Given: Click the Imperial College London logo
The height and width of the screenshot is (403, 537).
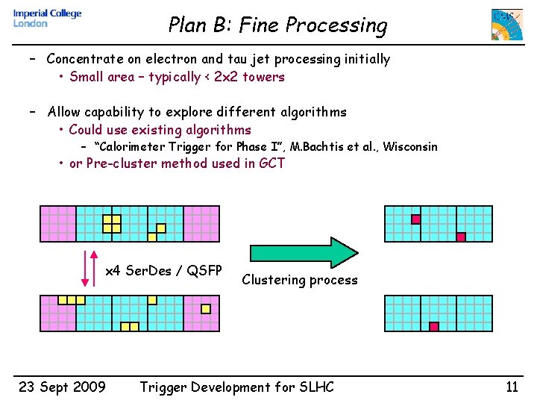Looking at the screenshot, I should (x=46, y=18).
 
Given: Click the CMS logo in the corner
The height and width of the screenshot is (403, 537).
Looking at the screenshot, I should (x=506, y=25).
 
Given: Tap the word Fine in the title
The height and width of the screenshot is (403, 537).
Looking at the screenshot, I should (x=258, y=25).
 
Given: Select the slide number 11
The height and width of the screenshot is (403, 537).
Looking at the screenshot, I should (x=511, y=387).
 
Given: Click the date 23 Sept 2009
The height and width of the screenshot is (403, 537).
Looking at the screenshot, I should (x=62, y=387).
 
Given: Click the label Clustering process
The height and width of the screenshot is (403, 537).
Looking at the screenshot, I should (x=300, y=281).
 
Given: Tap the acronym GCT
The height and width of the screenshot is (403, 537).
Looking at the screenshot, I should (x=271, y=163).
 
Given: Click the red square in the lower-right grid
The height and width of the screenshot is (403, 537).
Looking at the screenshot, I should (x=433, y=326).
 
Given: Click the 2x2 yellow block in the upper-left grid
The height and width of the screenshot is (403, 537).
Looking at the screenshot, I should (x=112, y=223).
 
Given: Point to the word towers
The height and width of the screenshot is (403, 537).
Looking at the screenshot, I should (x=263, y=77).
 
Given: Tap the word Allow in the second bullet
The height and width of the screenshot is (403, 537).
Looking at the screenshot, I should (x=64, y=113).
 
